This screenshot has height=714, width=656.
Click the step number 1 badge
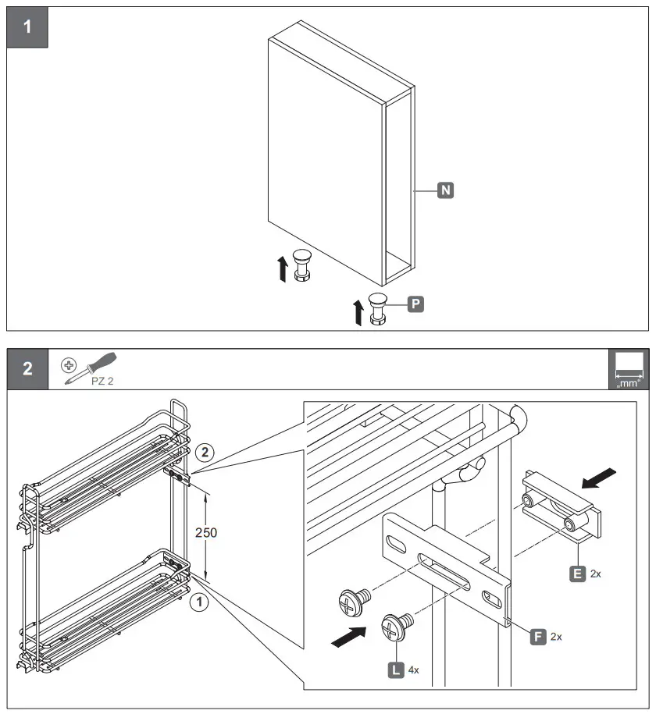[x=27, y=26]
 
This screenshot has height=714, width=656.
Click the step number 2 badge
[x=27, y=368]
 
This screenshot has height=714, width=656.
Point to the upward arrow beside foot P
[x=358, y=311]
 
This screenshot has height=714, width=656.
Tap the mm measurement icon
[x=627, y=369]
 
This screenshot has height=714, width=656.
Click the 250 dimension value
[x=206, y=533]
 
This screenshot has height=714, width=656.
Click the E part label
[x=577, y=574]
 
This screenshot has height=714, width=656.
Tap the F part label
[x=537, y=636]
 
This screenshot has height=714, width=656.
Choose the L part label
[x=396, y=670]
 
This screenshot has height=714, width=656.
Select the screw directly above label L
[x=396, y=627]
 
